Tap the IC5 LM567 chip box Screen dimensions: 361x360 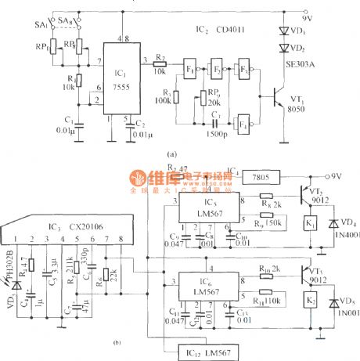coord(204,210)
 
